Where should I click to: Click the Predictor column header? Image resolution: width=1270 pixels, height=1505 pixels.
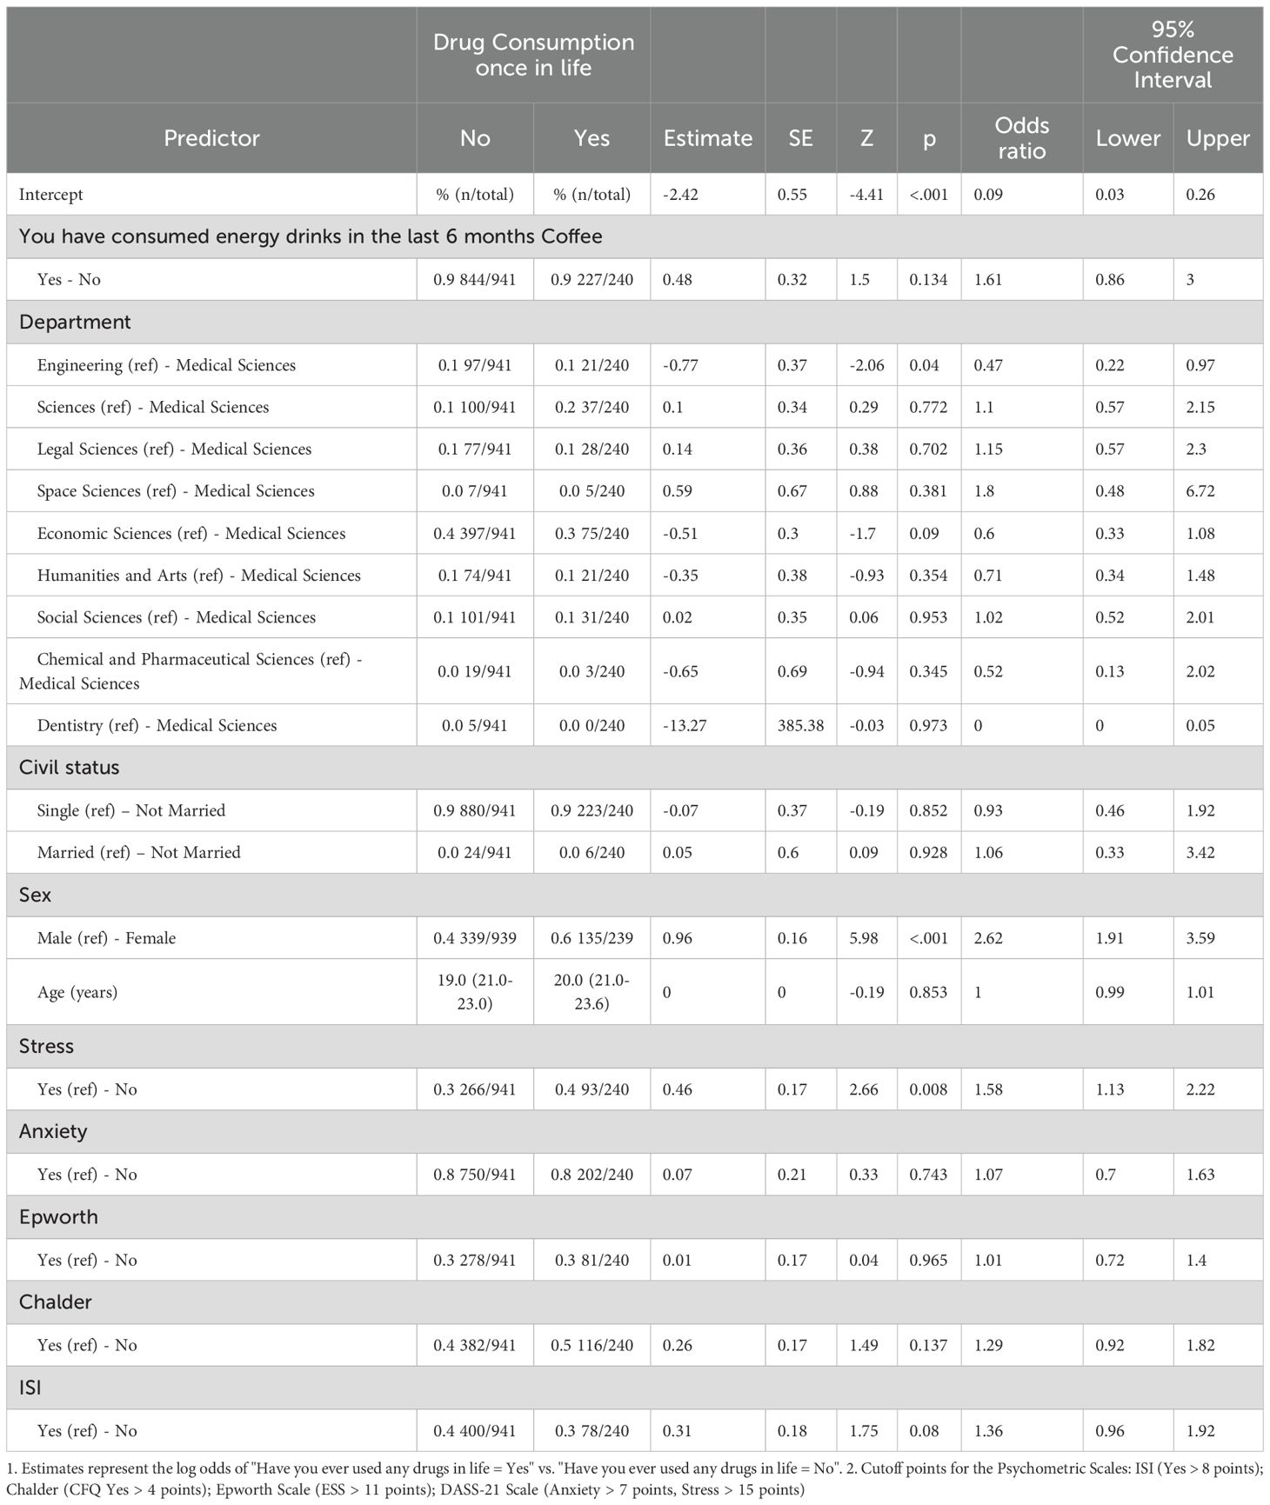[211, 138]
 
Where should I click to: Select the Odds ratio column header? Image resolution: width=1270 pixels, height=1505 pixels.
[1021, 138]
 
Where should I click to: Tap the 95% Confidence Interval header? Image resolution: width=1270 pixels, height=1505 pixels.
[1172, 55]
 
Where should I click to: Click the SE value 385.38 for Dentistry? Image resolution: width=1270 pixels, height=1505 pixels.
[800, 725]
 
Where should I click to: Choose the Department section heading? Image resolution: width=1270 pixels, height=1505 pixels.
[75, 322]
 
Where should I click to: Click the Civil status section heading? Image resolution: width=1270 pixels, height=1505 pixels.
[70, 768]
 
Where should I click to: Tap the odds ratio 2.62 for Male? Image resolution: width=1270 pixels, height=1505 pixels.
[988, 938]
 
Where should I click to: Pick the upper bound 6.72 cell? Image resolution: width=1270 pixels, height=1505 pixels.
[1200, 491]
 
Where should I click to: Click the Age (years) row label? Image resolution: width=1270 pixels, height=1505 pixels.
[77, 992]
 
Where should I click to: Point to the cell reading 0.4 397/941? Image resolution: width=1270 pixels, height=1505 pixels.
[475, 534]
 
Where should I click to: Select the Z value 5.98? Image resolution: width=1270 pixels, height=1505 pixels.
[864, 938]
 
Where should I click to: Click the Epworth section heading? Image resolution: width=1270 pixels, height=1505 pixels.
[58, 1217]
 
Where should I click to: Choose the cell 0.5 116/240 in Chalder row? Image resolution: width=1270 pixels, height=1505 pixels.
[592, 1345]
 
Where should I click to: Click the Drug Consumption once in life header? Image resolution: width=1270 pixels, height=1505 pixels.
[533, 55]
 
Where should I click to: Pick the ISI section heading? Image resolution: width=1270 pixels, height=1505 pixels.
[30, 1388]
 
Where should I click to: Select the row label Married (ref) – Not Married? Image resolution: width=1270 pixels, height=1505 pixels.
[138, 852]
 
